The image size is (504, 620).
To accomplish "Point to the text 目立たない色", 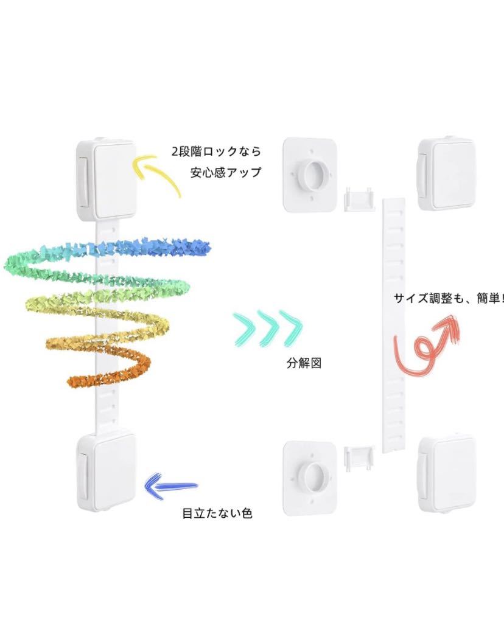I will click(217, 513).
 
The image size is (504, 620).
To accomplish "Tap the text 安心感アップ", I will click(225, 172).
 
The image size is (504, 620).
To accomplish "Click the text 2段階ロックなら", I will click(215, 151).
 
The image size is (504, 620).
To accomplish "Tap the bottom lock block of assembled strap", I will click(106, 468).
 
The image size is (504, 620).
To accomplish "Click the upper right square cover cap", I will click(446, 173).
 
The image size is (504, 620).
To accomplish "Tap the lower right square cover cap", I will click(446, 470).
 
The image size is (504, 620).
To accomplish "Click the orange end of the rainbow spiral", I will click(85, 380).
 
